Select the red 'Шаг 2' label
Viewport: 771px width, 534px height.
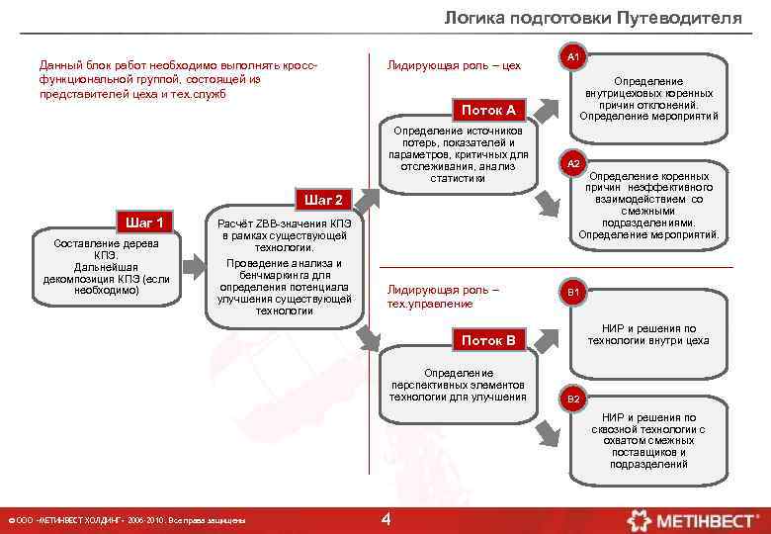pos(324,199)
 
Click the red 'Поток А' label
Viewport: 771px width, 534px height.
pos(488,110)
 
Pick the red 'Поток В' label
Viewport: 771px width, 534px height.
pos(488,340)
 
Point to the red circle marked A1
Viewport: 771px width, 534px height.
pos(572,59)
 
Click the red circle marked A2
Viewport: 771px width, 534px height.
pos(572,163)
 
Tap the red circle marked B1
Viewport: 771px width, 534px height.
pos(572,293)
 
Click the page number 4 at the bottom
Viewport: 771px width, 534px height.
pos(386,519)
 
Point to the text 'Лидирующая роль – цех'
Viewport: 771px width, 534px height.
pos(454,65)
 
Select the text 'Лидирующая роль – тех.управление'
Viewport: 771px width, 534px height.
pos(443,297)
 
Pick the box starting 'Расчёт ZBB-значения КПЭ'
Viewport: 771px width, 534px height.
pos(285,268)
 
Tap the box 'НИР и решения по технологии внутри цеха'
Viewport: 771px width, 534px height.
pos(647,335)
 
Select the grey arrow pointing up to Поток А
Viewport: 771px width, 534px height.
pos(365,198)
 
